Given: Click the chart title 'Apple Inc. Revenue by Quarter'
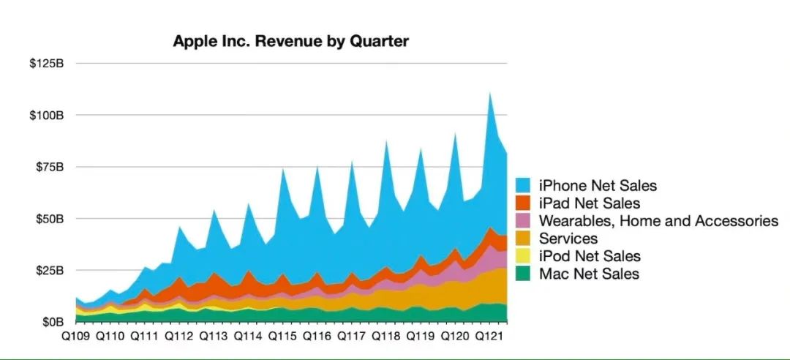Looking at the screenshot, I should (x=290, y=41).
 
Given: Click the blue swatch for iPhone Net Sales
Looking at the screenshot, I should (x=524, y=186).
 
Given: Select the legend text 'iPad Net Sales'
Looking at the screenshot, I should (x=589, y=203).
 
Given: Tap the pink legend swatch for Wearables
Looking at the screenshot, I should (x=524, y=221).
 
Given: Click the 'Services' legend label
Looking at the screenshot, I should (x=568, y=239).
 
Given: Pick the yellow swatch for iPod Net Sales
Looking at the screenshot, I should (x=524, y=256).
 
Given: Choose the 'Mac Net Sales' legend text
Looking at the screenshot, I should (x=588, y=274).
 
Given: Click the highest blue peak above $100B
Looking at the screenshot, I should (x=489, y=94).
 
